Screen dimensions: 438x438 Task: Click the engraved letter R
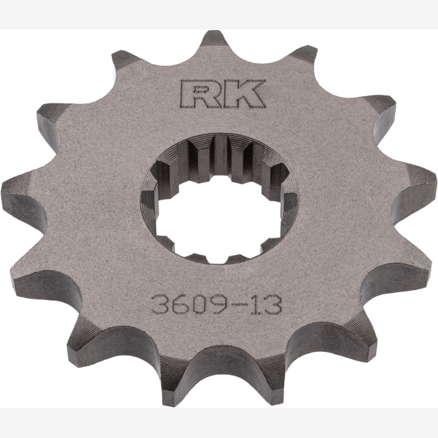200,94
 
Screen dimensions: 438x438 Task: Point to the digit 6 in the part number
180,304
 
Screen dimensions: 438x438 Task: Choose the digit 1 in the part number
255,305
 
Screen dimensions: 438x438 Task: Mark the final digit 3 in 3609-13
272,305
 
